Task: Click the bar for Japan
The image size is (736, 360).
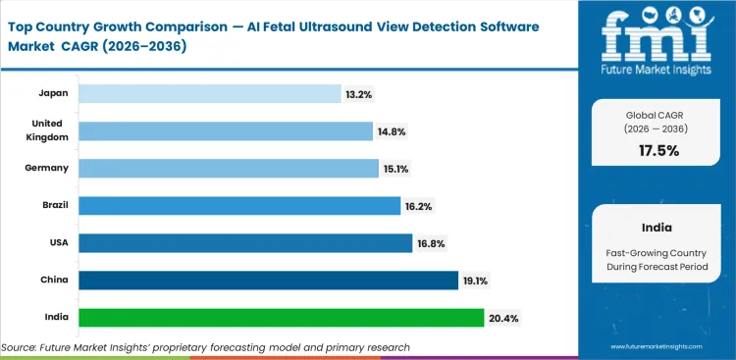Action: coord(210,93)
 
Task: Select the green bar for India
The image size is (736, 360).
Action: coord(281,318)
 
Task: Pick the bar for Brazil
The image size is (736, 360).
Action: coord(239,206)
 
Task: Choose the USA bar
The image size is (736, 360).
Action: coord(244,243)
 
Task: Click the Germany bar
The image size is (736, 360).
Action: coord(229,169)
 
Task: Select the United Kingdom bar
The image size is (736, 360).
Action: coord(226,130)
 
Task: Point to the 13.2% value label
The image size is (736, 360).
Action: coord(358,93)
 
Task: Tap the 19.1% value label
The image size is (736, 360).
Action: coord(475,282)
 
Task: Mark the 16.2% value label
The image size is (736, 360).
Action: coord(417,206)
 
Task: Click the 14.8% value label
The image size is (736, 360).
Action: coord(391,131)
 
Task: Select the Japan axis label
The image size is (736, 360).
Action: coord(54,93)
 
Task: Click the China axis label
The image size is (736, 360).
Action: coord(55,281)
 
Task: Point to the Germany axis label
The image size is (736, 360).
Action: coord(48,169)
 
